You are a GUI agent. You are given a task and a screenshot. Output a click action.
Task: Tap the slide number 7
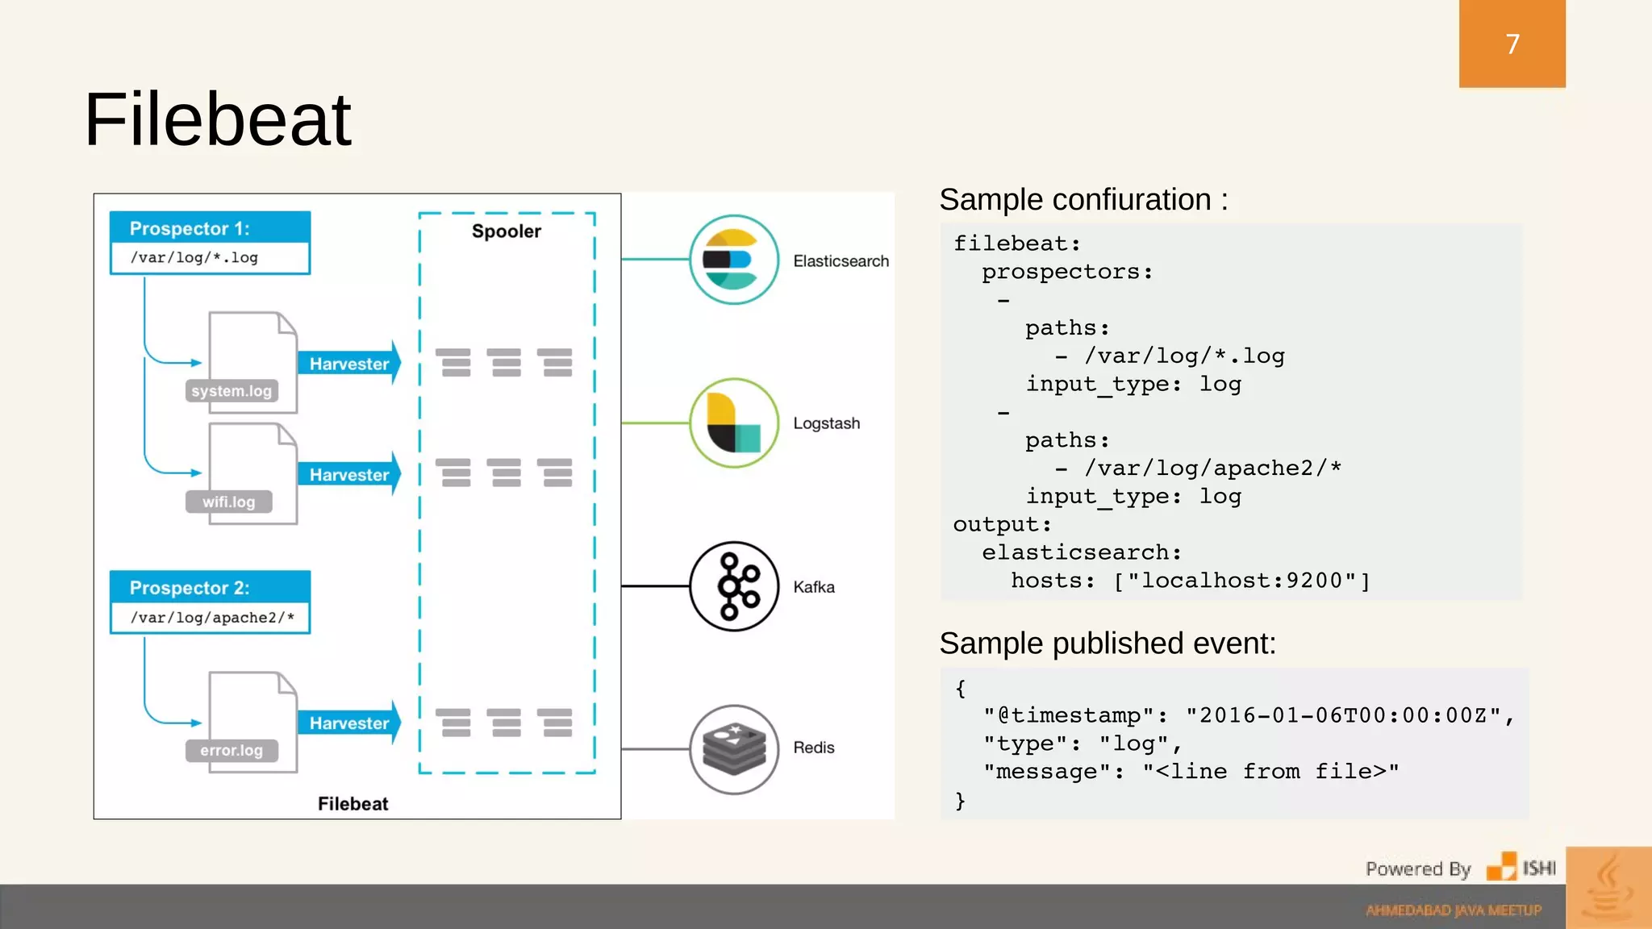tap(1512, 44)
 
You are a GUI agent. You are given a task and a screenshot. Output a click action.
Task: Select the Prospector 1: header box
tap(210, 228)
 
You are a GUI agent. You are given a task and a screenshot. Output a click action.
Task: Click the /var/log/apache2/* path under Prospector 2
tap(212, 618)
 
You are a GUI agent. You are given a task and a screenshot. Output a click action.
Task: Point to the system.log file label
tap(232, 391)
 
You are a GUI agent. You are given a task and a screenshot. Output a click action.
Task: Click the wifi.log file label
tap(228, 502)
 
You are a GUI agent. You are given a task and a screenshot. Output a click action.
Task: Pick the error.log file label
tap(232, 750)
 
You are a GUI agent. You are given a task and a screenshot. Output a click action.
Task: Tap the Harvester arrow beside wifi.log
tap(348, 475)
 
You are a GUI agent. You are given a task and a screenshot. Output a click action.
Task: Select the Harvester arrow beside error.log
tap(348, 723)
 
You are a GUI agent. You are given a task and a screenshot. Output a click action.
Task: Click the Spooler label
tap(506, 231)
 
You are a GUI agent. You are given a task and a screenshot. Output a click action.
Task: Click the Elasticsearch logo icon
tap(733, 260)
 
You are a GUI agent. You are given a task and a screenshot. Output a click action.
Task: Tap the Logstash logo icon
tap(733, 423)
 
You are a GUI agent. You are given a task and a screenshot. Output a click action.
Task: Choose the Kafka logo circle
tap(733, 586)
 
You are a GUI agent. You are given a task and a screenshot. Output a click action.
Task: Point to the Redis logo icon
tap(733, 749)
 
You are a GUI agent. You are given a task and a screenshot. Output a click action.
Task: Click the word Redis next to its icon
tap(813, 748)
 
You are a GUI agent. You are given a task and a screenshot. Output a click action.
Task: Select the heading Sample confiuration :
tap(1083, 199)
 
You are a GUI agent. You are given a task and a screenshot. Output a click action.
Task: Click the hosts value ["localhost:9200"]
tap(1241, 581)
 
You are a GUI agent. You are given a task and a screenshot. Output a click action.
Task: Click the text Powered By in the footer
tap(1417, 869)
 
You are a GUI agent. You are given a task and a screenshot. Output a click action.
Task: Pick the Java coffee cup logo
tap(1608, 887)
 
